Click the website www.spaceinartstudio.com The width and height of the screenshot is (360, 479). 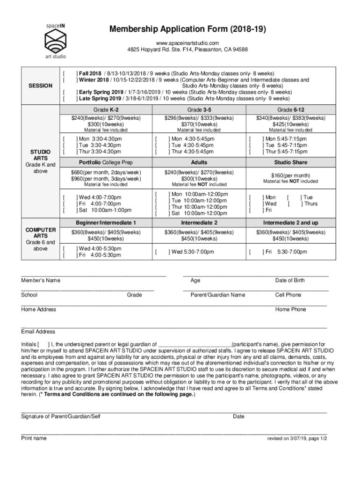coord(188,43)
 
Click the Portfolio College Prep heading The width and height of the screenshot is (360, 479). coord(106,162)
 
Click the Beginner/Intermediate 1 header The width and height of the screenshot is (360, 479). coord(106,222)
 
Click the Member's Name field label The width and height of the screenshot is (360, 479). coord(41,281)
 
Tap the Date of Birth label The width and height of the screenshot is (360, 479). coord(290,281)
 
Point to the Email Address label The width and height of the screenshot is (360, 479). coord(38,332)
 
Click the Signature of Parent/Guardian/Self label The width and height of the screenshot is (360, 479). coord(61,417)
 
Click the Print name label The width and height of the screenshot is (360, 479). coord(34,438)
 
